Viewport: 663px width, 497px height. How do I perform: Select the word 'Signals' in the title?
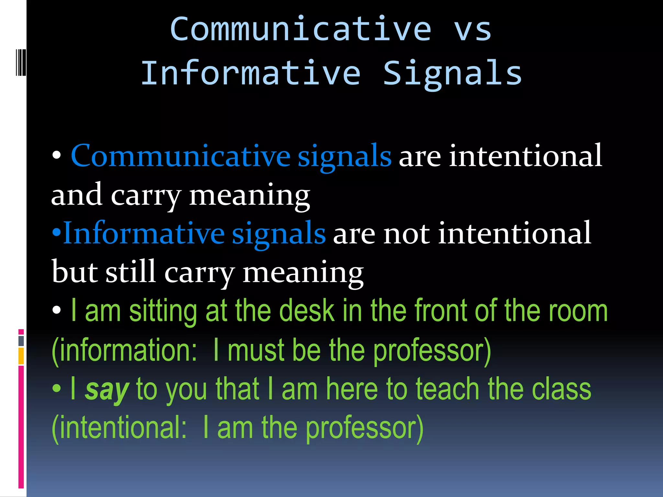pyautogui.click(x=452, y=74)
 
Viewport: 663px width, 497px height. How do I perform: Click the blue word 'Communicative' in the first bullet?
pyautogui.click(x=180, y=156)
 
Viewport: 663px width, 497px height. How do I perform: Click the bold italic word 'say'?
pyautogui.click(x=107, y=389)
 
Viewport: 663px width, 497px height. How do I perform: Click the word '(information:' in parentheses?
pyautogui.click(x=124, y=350)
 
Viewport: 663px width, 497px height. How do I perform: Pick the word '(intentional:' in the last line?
pyautogui.click(x=119, y=428)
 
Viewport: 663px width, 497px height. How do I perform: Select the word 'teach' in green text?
pyautogui.click(x=447, y=389)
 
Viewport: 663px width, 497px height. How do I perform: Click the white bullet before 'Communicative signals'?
pyautogui.click(x=57, y=156)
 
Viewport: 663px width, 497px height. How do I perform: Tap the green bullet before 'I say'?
pyautogui.click(x=57, y=389)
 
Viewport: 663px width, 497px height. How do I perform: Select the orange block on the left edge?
pyautogui.click(x=21, y=356)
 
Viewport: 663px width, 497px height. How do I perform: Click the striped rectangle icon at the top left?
pyautogui.click(x=21, y=62)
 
